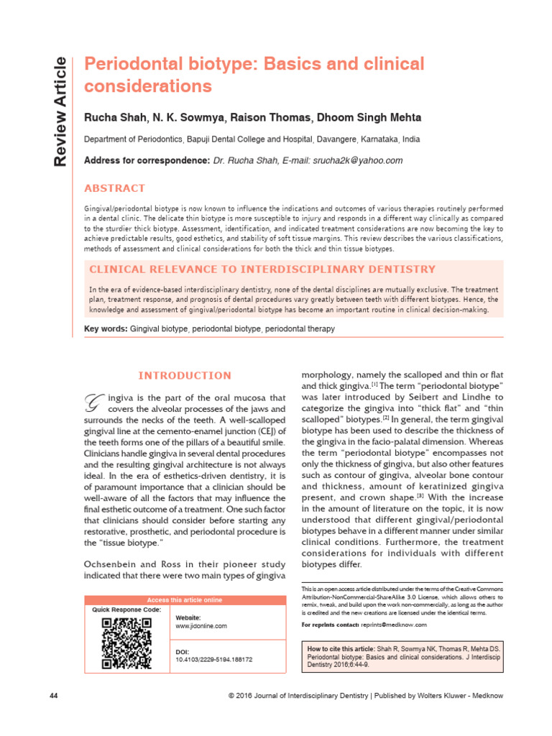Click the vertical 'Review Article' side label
[x=62, y=111]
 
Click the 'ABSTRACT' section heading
[x=115, y=188]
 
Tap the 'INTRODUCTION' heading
[x=185, y=375]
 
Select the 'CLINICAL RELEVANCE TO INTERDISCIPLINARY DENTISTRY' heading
[x=262, y=270]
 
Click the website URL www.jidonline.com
[x=201, y=626]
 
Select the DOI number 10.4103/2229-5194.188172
[x=214, y=659]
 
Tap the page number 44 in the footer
[x=54, y=696]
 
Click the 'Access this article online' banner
[x=185, y=600]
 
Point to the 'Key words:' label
[x=106, y=328]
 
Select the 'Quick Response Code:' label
[x=126, y=609]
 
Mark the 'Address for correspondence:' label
[x=147, y=160]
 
